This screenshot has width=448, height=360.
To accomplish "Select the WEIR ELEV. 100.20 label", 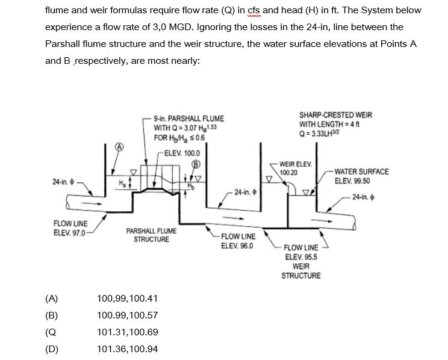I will (x=296, y=167).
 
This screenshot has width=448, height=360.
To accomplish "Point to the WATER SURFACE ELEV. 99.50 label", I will (x=361, y=176).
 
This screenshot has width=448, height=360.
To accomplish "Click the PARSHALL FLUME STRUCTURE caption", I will (x=151, y=235).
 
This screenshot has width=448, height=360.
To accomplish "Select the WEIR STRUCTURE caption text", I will (x=301, y=271).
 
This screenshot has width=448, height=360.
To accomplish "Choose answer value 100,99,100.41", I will (x=127, y=298).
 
